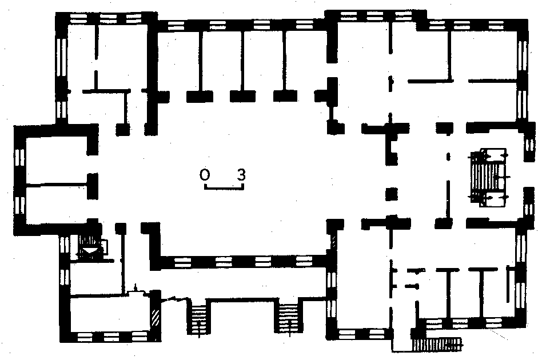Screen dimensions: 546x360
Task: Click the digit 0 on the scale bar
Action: point(205,174)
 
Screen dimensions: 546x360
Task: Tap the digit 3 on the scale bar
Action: point(241,174)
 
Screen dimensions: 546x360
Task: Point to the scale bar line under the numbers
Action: point(224,188)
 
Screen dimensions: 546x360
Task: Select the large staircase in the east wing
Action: point(488,178)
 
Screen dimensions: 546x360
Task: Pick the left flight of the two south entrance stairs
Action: point(200,318)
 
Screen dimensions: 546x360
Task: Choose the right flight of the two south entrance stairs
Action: point(289,318)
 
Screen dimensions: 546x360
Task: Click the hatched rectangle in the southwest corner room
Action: point(156,317)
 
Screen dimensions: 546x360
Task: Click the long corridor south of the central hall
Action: point(240,283)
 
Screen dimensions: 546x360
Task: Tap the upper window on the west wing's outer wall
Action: point(20,158)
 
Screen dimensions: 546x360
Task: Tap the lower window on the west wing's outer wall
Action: point(20,205)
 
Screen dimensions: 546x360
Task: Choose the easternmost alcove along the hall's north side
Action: point(306,62)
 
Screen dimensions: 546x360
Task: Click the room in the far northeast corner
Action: point(484,55)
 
